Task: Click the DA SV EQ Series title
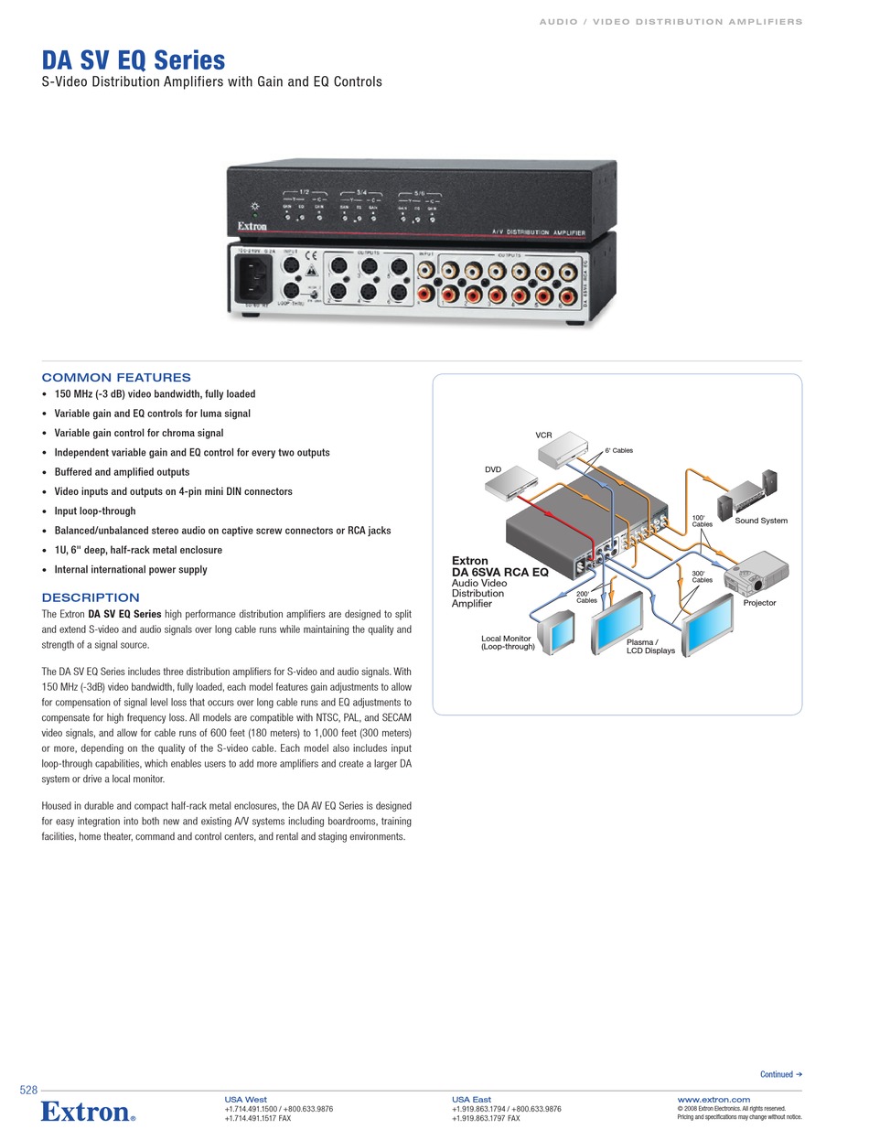tap(134, 60)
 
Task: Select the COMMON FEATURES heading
tap(116, 377)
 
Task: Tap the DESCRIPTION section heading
tap(91, 597)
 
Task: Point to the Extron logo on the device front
tap(252, 225)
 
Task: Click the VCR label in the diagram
tap(543, 436)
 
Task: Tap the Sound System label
tap(760, 521)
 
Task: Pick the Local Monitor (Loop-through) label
tap(507, 642)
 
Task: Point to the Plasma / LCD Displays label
tap(650, 646)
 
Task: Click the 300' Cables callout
tap(702, 576)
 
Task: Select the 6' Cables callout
tap(618, 450)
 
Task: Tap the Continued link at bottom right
tap(780, 1074)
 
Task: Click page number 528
tap(28, 1090)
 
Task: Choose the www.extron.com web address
tap(713, 1099)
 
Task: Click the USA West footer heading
tap(245, 1099)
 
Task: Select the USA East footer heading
tap(471, 1099)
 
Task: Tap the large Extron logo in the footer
tap(88, 1112)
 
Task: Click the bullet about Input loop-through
tap(94, 511)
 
